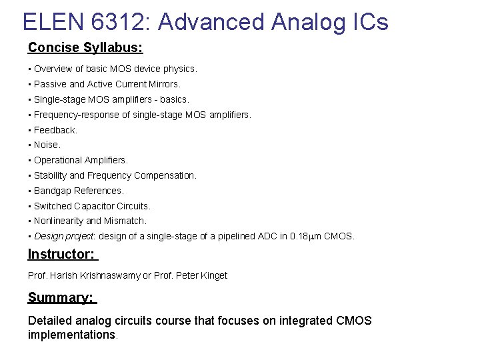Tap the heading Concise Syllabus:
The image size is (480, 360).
85,47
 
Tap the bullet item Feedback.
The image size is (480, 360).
55,130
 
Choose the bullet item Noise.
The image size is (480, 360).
47,145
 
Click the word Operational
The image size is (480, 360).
60,160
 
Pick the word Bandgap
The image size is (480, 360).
52,191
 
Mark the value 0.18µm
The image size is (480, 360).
306,236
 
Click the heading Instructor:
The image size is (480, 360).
62,254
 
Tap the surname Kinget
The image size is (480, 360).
213,275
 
